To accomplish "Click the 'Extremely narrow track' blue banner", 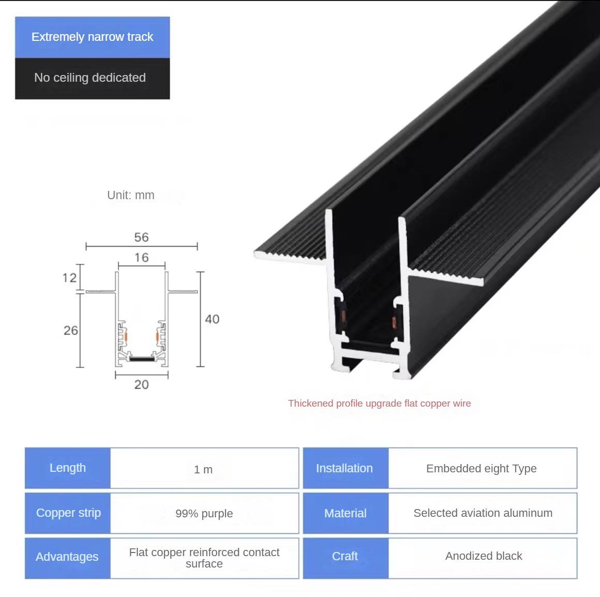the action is (92, 37).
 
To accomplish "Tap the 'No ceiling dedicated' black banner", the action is (92, 79).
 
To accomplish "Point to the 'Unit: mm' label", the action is (131, 195).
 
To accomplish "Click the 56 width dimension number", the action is (142, 237).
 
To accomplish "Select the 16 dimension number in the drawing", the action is (142, 258).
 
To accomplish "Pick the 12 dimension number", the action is (70, 278).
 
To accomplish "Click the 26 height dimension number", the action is (71, 330).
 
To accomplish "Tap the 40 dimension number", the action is (213, 319).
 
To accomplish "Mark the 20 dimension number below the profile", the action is (142, 384).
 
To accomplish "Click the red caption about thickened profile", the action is (380, 404).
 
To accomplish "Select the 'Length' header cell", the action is (68, 468).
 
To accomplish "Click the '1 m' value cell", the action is (204, 468).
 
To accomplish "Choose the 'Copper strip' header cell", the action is (68, 513).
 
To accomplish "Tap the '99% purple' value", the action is (204, 514).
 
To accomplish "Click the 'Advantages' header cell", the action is (68, 558).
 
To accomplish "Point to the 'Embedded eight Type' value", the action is (482, 469).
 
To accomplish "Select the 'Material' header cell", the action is (346, 513).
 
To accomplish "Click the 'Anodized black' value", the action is (484, 556).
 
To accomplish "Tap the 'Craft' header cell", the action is (346, 558).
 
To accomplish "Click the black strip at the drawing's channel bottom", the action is (142, 359).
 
